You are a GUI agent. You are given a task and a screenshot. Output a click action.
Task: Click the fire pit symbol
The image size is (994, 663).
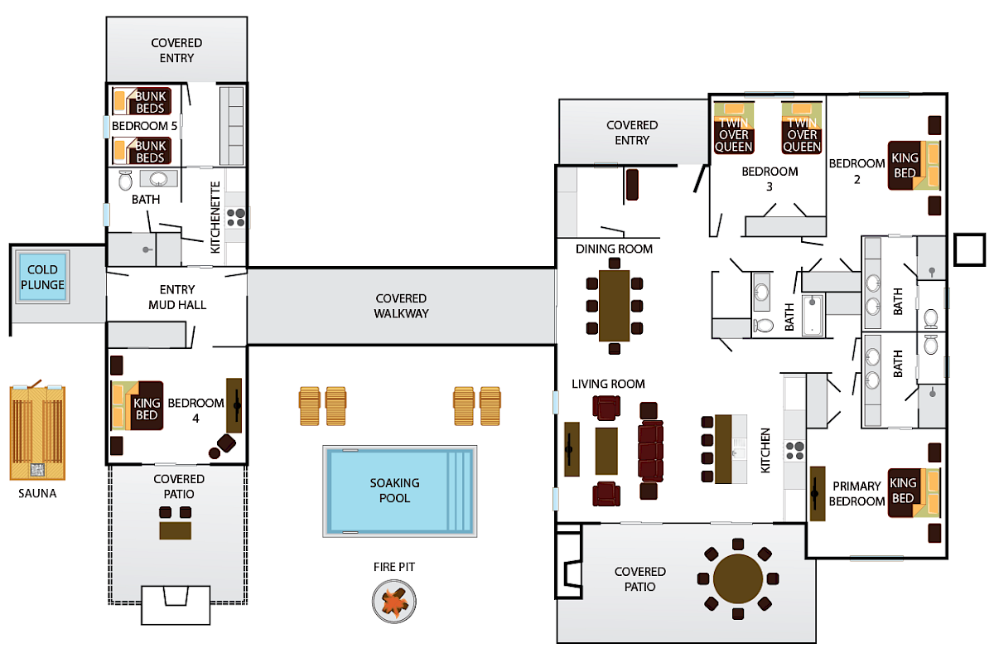(393, 600)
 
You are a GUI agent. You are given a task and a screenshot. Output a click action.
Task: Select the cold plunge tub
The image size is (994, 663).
(42, 278)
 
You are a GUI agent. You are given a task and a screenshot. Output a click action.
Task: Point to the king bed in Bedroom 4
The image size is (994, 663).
(138, 406)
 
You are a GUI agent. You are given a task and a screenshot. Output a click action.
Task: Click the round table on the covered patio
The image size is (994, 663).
(738, 578)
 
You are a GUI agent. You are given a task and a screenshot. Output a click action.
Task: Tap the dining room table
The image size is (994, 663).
(614, 305)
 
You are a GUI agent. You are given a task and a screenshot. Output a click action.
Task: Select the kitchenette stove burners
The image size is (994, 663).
(236, 217)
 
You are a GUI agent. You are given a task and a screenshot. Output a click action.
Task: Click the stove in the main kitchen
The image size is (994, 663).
(795, 450)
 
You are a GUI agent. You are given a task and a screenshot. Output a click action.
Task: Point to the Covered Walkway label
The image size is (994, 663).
(400, 306)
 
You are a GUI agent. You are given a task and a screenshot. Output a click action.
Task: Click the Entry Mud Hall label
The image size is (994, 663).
(177, 297)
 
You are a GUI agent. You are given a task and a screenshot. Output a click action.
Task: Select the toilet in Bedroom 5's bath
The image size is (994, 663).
(126, 180)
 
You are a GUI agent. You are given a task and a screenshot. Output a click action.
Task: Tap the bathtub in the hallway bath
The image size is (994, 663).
(813, 315)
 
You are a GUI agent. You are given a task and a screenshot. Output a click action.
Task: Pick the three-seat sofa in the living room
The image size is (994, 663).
(650, 451)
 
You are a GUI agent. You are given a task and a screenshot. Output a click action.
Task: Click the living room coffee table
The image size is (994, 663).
(606, 450)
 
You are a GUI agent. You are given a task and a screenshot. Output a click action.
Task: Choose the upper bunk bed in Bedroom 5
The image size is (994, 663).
(142, 102)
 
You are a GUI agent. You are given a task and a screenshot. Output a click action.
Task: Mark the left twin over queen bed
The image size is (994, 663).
(734, 128)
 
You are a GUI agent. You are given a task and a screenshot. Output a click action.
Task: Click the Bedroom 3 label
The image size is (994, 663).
(770, 179)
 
